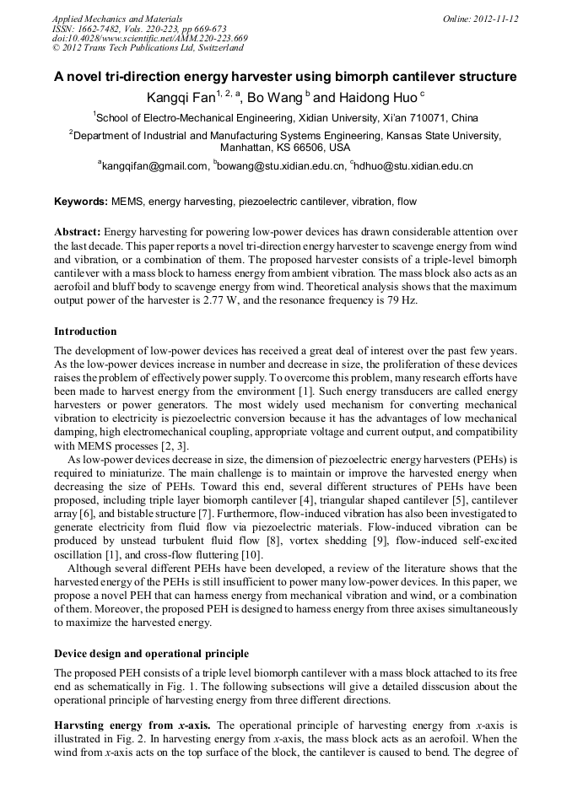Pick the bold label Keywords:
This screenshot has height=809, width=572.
click(x=81, y=202)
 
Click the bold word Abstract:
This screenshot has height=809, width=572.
click(x=78, y=231)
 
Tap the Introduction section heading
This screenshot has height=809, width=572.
click(x=85, y=332)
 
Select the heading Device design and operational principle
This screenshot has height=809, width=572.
click(x=151, y=654)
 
